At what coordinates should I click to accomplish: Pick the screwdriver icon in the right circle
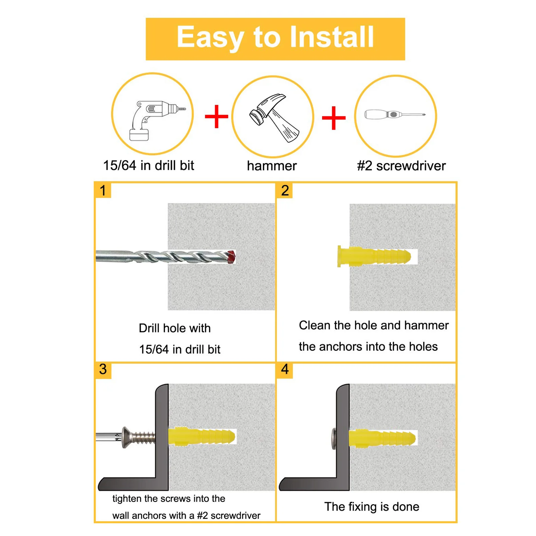395,115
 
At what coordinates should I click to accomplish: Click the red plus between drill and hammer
216,116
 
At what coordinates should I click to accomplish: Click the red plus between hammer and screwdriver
333,118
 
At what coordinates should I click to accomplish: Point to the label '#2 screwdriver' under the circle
401,166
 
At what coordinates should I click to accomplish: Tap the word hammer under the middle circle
272,166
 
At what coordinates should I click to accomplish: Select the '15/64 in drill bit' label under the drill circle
148,165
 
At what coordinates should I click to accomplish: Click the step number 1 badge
103,190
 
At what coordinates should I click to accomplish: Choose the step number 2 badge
285,190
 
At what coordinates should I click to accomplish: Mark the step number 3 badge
103,370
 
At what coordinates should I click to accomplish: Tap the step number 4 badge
285,370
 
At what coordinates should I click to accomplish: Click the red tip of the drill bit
231,257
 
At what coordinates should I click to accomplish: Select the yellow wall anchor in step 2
374,257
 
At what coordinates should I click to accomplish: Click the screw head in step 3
126,437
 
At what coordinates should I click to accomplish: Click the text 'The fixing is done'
371,507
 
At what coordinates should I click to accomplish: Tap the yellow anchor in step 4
382,438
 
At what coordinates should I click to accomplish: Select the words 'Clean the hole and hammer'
374,325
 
